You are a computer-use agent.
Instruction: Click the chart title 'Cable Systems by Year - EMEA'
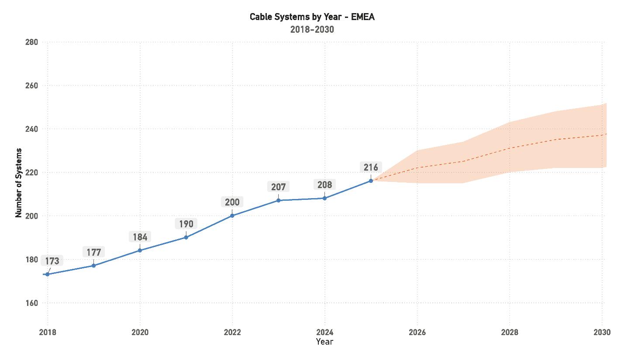point(312,17)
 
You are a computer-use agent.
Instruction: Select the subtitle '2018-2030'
point(312,30)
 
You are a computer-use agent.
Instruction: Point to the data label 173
point(52,261)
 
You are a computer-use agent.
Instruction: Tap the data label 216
point(371,167)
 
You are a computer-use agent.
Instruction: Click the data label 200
point(232,202)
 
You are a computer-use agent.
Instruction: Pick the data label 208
point(324,185)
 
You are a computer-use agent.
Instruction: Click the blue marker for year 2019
point(93,265)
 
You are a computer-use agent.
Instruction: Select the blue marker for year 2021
point(186,237)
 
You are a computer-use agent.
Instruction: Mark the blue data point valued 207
point(279,200)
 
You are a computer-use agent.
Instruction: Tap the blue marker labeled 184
point(140,250)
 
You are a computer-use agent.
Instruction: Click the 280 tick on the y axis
point(32,42)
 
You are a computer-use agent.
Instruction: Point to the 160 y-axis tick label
point(32,303)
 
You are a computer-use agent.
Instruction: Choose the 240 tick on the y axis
point(32,129)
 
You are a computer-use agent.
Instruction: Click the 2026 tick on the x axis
point(417,332)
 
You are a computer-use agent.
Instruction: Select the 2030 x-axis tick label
point(602,332)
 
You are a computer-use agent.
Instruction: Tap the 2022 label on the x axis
point(232,332)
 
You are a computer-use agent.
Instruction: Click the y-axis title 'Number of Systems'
point(19,183)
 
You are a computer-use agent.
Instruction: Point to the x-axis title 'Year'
point(324,341)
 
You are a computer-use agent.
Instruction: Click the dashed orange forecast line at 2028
point(510,148)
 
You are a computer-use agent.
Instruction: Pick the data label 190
point(186,224)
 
